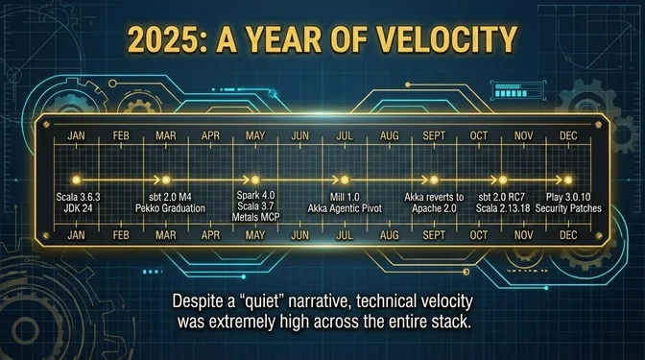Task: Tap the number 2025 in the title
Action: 169,41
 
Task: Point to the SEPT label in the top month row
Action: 433,137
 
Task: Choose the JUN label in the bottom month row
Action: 299,234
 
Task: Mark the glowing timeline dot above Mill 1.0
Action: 343,180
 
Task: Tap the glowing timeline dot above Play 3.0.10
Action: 568,180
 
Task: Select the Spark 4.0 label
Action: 255,195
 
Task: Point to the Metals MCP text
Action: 255,218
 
